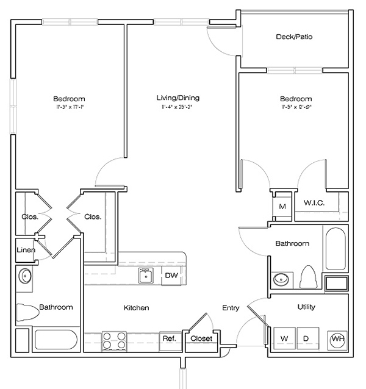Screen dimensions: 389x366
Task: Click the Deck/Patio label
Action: (295, 37)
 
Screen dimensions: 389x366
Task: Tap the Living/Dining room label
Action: (178, 98)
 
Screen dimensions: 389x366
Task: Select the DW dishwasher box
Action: (171, 276)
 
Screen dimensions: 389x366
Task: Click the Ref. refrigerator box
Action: (168, 339)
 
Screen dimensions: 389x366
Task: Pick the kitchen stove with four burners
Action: (113, 340)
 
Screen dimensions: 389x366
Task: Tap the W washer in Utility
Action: (284, 338)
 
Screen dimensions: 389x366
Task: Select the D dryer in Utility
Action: (306, 338)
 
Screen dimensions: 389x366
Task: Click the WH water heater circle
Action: (336, 339)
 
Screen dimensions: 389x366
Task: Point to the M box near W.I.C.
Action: (282, 206)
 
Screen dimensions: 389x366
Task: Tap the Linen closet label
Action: (26, 250)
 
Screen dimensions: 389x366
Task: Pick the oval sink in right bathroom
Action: (281, 280)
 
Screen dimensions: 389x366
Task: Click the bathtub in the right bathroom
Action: (335, 250)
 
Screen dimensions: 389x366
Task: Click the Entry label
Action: (231, 308)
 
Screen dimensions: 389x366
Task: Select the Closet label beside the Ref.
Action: (201, 338)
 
